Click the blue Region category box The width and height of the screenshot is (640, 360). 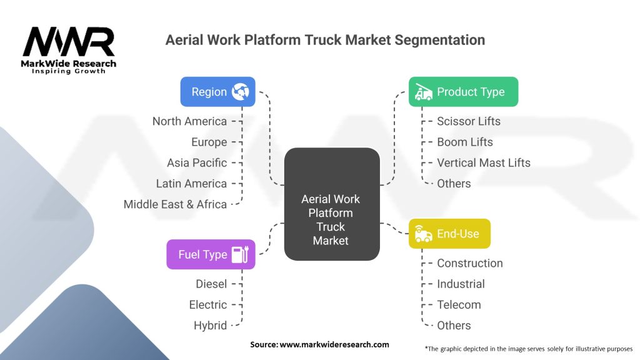pos(217,92)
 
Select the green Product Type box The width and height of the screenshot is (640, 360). pos(463,92)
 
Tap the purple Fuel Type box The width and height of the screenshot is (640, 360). pos(211,254)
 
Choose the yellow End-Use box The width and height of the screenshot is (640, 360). pos(449,234)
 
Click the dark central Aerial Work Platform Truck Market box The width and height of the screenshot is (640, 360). pos(332,204)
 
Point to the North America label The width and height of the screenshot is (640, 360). pos(189,121)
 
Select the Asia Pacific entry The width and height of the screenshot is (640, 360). pos(197,163)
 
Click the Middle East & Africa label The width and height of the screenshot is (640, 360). pos(175,204)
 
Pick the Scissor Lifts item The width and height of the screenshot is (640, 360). pos(469,121)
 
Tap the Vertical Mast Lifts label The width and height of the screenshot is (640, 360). pos(484,163)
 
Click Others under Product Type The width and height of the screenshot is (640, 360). pos(454,184)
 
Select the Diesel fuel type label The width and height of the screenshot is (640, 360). pos(211,284)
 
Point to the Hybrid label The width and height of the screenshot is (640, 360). pos(210,326)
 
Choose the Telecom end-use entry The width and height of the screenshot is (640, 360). pos(459,305)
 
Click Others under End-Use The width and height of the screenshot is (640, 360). pos(454,326)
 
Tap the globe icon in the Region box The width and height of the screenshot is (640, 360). pos(241,92)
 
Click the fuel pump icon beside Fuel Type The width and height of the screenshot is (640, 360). pos(240,255)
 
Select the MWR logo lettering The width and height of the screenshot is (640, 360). pos(69,42)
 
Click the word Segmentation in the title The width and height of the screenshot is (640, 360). pos(440,40)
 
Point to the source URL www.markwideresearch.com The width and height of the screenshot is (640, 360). pos(334,344)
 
